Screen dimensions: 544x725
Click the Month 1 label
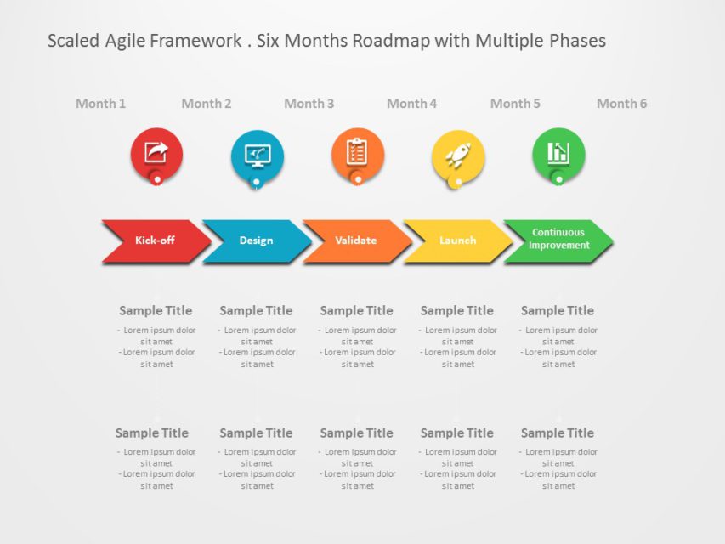click(100, 104)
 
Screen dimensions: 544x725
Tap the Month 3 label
click(309, 104)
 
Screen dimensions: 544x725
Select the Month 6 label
click(621, 104)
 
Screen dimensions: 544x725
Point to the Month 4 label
click(411, 104)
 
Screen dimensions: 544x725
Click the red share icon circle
click(156, 154)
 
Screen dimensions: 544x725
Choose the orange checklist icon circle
click(358, 154)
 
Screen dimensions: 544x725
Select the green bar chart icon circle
click(558, 154)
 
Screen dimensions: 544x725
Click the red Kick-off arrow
click(155, 241)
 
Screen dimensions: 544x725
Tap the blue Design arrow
click(256, 241)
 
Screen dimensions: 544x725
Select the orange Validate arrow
click(356, 241)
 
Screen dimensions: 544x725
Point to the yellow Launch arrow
click(457, 241)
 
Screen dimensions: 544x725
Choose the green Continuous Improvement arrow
click(558, 240)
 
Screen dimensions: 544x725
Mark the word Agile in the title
click(125, 41)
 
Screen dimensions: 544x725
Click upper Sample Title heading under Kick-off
click(156, 311)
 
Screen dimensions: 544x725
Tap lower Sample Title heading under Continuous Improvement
click(558, 433)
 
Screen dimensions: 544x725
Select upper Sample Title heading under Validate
click(356, 311)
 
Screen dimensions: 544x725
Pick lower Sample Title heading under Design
click(256, 433)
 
